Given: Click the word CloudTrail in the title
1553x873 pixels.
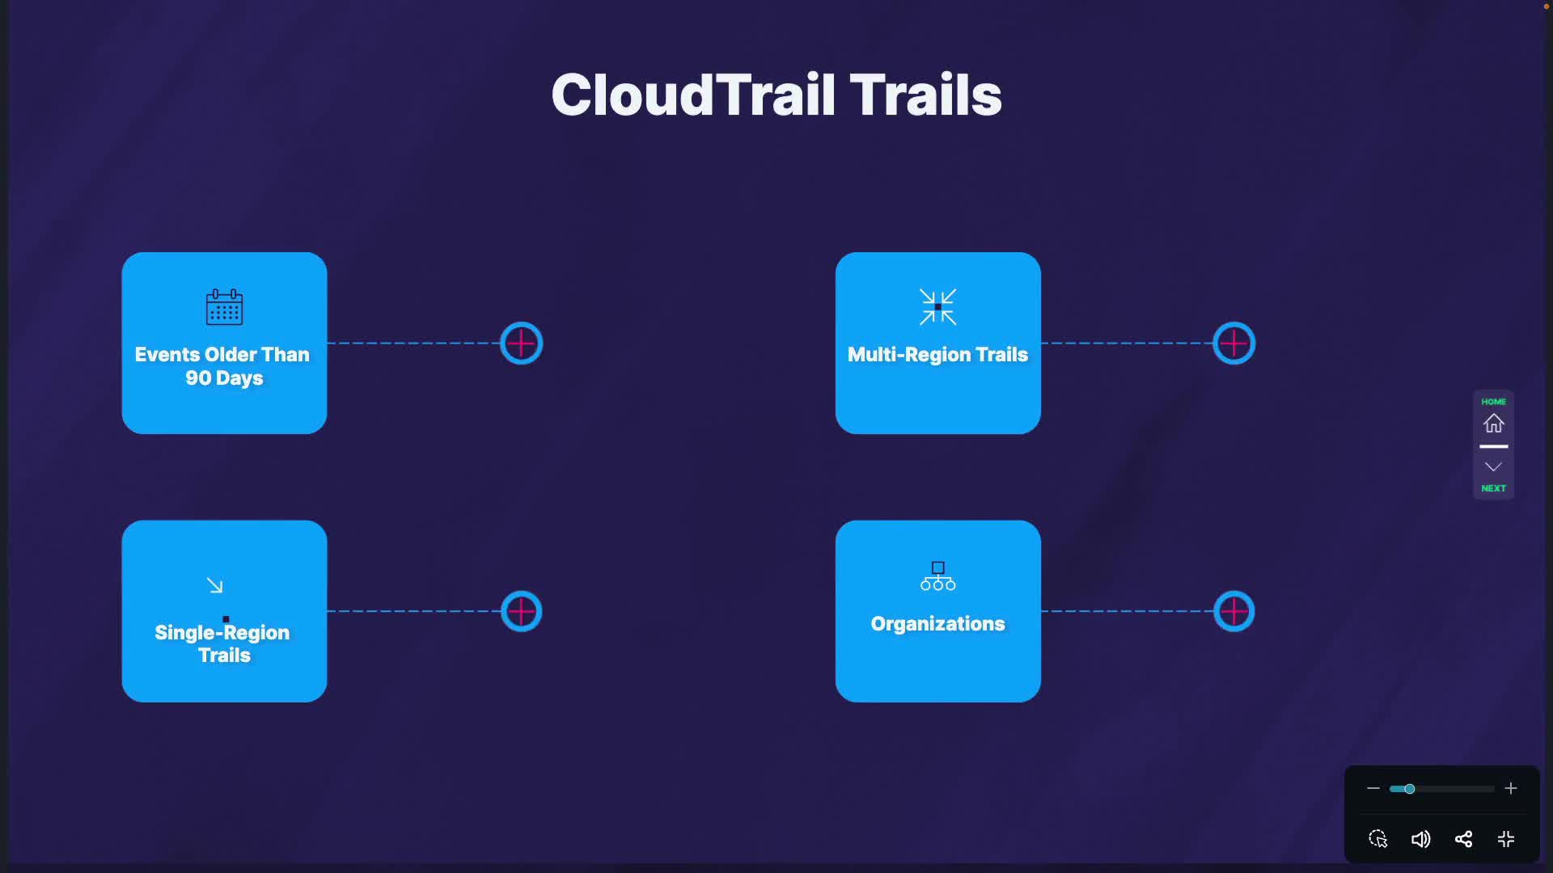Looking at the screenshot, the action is click(x=632, y=95).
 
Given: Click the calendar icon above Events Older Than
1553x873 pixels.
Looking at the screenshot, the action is click(x=224, y=307).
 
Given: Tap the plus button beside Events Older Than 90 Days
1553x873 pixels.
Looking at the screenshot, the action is click(x=521, y=344).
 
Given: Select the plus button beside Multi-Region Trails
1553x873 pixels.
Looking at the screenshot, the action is click(x=1234, y=344).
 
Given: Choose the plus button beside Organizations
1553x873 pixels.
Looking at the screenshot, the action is click(x=1234, y=612).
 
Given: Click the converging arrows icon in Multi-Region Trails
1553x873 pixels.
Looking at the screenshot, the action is click(x=937, y=307).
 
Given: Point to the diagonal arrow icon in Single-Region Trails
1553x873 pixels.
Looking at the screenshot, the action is click(x=214, y=585).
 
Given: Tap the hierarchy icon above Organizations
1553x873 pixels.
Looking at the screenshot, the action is click(x=937, y=576).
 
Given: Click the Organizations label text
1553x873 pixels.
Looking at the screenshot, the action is click(x=937, y=624).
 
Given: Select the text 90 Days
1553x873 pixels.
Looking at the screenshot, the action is click(x=224, y=378).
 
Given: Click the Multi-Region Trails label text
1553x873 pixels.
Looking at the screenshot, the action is click(x=937, y=355).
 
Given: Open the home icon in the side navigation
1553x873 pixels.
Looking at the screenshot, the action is click(x=1493, y=423).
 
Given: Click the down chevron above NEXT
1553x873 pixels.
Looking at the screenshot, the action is click(x=1493, y=467).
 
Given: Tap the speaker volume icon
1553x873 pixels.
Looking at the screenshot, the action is click(x=1420, y=839).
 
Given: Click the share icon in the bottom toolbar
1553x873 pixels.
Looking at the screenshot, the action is click(x=1463, y=839).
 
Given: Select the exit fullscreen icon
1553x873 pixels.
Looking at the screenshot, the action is click(x=1506, y=839).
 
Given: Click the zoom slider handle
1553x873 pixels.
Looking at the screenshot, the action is click(x=1409, y=789).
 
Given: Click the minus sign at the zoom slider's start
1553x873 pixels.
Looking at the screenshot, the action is click(x=1373, y=789).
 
